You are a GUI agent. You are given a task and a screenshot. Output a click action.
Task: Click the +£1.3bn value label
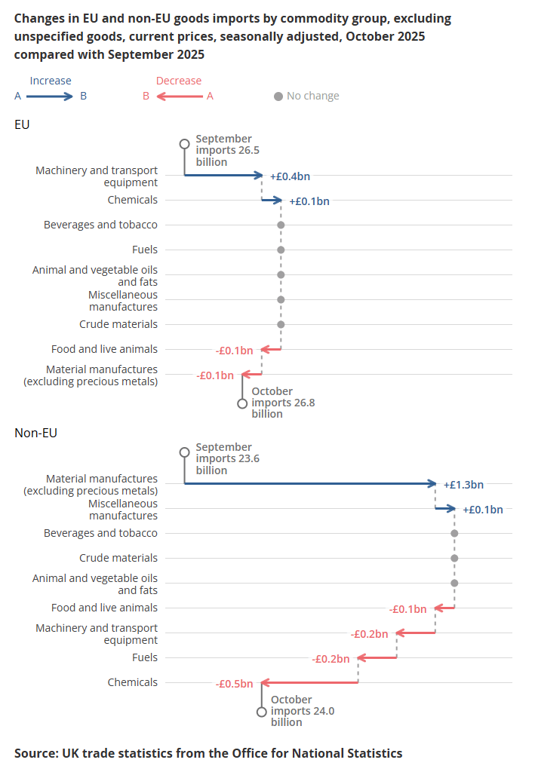tap(463, 484)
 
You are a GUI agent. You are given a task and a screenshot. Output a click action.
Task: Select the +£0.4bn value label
tap(290, 176)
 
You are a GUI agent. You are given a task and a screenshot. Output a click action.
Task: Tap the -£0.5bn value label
tap(234, 684)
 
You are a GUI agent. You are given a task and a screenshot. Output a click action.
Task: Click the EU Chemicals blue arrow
tap(272, 201)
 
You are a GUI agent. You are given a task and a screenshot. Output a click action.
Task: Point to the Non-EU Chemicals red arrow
tap(309, 682)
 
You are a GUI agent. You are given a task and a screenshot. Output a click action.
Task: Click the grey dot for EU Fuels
tap(281, 250)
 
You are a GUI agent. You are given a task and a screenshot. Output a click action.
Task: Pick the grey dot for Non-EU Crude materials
tap(454, 559)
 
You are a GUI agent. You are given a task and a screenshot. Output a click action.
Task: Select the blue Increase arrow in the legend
tap(51, 96)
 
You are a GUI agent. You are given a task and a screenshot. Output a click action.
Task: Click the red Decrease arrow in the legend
tap(179, 96)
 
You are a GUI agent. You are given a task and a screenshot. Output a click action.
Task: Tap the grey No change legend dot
tap(278, 96)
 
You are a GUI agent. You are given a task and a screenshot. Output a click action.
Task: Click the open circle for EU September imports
tap(184, 143)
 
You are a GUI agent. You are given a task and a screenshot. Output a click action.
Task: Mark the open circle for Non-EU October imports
tap(262, 712)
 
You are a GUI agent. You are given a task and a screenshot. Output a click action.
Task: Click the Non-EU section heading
tap(36, 433)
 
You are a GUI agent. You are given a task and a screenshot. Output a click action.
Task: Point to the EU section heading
tap(22, 124)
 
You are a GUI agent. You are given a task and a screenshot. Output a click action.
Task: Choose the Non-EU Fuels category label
tap(145, 657)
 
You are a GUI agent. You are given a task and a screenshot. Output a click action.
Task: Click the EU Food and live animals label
tap(104, 349)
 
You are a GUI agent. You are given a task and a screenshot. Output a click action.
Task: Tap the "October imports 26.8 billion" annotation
tap(282, 403)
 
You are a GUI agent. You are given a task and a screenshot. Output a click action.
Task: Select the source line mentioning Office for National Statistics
tap(208, 752)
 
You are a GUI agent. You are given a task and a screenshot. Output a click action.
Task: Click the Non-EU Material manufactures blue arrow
tap(309, 483)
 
